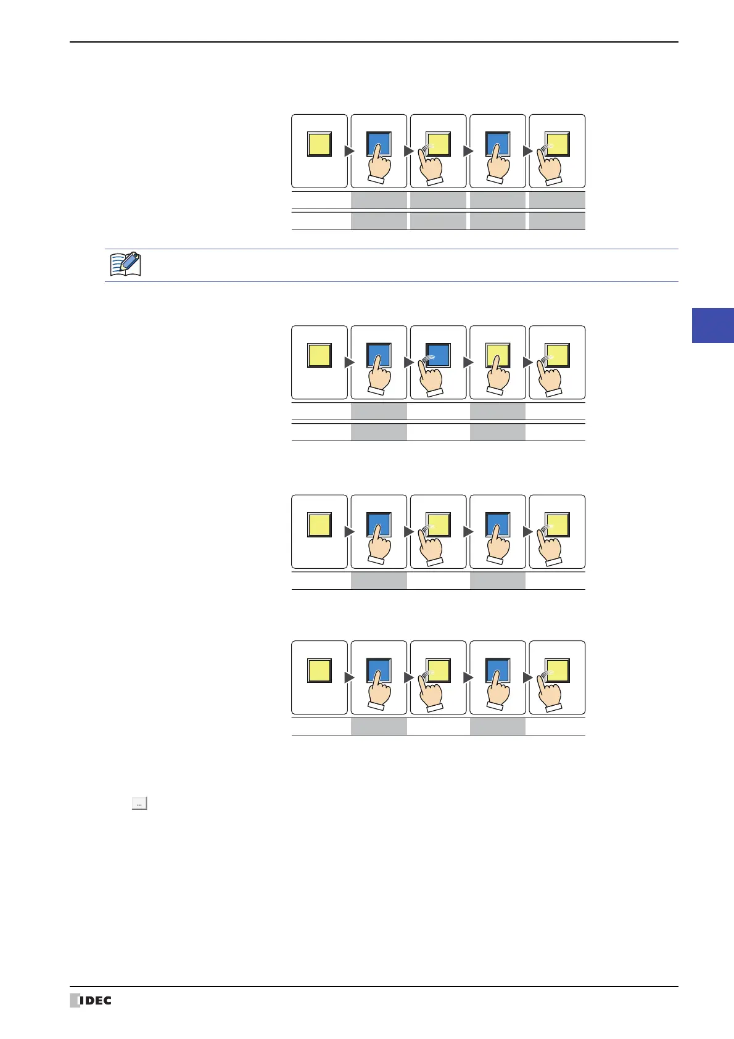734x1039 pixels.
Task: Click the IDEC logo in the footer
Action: pyautogui.click(x=91, y=1000)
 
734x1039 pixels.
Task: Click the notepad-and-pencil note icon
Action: pyautogui.click(x=125, y=264)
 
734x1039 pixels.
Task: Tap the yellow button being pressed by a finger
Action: pyautogui.click(x=497, y=355)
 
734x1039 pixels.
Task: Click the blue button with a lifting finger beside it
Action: pyautogui.click(x=439, y=355)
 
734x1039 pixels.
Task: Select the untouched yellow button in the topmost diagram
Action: pyautogui.click(x=320, y=144)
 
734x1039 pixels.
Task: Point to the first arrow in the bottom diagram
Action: pyautogui.click(x=349, y=677)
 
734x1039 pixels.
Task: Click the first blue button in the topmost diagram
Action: pyautogui.click(x=379, y=144)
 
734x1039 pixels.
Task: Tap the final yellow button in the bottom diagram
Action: pyautogui.click(x=557, y=671)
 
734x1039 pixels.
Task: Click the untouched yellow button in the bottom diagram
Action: pyautogui.click(x=320, y=671)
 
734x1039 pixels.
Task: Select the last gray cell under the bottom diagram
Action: pyautogui.click(x=498, y=726)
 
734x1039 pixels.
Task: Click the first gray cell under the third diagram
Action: pyautogui.click(x=379, y=581)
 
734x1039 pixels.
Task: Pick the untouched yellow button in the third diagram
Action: pyautogui.click(x=320, y=524)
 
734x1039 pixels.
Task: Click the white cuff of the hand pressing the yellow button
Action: pyautogui.click(x=495, y=390)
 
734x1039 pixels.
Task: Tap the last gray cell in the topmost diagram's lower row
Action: pyautogui.click(x=557, y=221)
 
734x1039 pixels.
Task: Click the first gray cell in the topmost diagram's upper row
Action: pyautogui.click(x=379, y=200)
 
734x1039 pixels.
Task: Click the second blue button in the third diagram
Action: pyautogui.click(x=497, y=524)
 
